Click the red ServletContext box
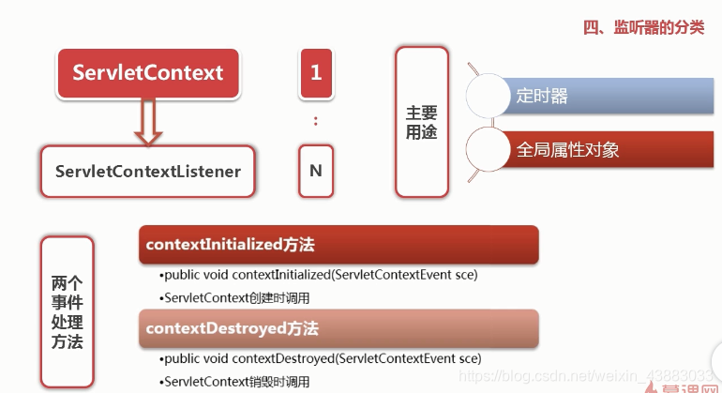click(148, 73)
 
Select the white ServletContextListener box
click(148, 171)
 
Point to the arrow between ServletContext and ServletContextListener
click(148, 122)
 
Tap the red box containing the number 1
click(316, 73)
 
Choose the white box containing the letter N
click(316, 171)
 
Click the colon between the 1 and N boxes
click(316, 121)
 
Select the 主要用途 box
click(421, 122)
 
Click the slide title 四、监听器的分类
click(643, 27)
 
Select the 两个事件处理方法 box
click(68, 311)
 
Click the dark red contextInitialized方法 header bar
click(338, 245)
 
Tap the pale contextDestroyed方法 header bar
click(338, 328)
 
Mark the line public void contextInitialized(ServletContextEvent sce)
click(320, 275)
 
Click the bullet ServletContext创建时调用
click(235, 297)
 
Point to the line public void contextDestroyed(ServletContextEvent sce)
click(322, 358)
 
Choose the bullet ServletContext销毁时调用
click(235, 382)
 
